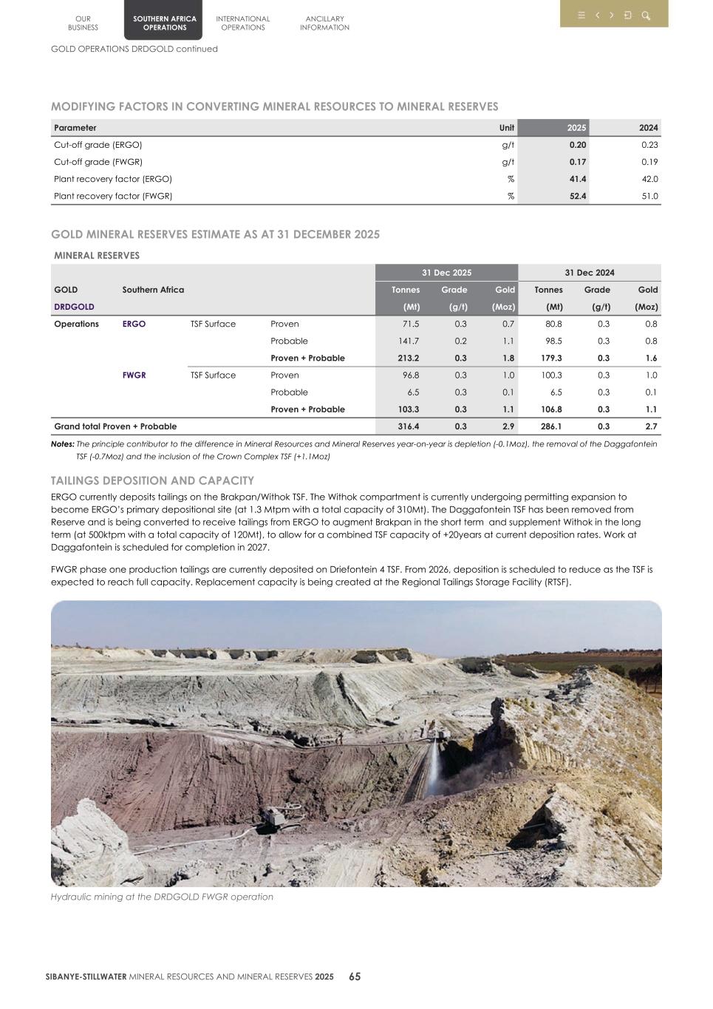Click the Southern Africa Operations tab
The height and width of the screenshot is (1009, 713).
coord(164,23)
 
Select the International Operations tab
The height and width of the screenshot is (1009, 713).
coord(242,23)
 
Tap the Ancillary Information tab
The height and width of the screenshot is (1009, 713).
coord(324,23)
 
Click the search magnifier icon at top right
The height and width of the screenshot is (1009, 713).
coord(646,16)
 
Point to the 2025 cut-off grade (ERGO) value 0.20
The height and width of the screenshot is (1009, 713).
coord(577,145)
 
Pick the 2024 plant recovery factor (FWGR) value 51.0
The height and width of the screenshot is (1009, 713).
coord(649,197)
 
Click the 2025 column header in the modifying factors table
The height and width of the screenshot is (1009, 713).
coord(576,128)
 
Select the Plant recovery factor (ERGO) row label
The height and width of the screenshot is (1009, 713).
coord(113,179)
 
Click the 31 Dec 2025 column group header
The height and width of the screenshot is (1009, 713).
coord(446,273)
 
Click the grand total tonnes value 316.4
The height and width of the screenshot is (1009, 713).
coord(408,427)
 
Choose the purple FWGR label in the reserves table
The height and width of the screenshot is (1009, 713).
coord(134,376)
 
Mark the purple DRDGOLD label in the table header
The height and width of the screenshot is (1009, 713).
coord(74,307)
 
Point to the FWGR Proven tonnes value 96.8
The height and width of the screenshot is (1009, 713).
coord(409,376)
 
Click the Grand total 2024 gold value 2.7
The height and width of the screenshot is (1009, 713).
coord(650,427)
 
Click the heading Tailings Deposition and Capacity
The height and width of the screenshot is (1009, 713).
coord(152,480)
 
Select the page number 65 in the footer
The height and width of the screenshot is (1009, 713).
coord(355,976)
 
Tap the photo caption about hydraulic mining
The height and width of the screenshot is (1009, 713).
coord(162,897)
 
